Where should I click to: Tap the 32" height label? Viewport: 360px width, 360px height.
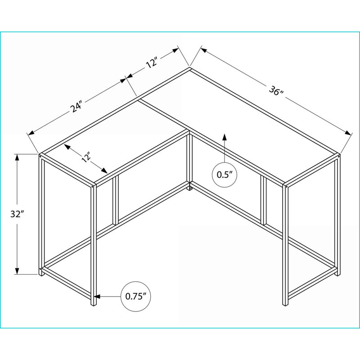tap(17, 214)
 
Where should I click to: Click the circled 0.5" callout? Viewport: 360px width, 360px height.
tap(225, 175)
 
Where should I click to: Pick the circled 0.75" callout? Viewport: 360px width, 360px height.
tap(136, 296)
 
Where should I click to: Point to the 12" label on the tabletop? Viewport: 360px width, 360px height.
tap(86, 158)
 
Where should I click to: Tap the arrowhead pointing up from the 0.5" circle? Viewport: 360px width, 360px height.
tap(224, 137)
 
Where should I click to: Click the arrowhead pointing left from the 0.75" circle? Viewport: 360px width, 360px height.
tap(97, 297)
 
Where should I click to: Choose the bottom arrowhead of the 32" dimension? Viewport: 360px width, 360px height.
tap(17, 270)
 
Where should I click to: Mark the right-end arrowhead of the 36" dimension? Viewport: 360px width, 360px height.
tap(348, 133)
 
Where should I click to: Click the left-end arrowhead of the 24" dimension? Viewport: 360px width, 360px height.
tap(31, 133)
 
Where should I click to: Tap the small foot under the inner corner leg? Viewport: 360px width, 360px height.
tap(189, 188)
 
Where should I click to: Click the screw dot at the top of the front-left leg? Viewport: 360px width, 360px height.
tap(93, 186)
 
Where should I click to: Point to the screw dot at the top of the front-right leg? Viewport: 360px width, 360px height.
tap(287, 187)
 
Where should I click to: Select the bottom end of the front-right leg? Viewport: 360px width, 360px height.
tap(285, 305)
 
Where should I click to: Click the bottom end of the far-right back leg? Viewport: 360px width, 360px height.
tap(337, 275)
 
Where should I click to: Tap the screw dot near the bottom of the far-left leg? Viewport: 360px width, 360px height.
tap(40, 268)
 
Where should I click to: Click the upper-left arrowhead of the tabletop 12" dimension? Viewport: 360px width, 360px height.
tap(67, 146)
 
